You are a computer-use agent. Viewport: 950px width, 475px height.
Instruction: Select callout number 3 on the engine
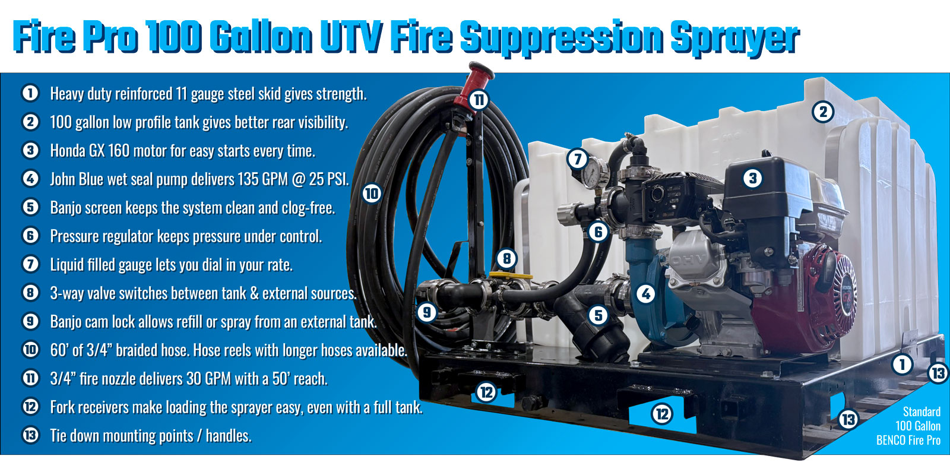pyautogui.click(x=752, y=178)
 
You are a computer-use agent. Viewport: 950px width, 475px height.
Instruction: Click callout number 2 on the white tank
pyautogui.click(x=823, y=112)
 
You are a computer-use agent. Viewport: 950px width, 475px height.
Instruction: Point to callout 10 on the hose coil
pyautogui.click(x=372, y=193)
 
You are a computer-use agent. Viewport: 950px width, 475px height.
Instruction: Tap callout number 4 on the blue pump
pyautogui.click(x=645, y=293)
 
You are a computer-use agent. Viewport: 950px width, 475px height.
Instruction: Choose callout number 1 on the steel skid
pyautogui.click(x=902, y=364)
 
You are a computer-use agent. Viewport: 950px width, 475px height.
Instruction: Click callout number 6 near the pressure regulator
pyautogui.click(x=598, y=232)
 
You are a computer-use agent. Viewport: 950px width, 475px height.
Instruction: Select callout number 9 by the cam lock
pyautogui.click(x=426, y=312)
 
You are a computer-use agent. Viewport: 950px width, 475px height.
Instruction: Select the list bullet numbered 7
pyautogui.click(x=30, y=264)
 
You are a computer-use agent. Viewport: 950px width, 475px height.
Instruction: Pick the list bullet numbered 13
pyautogui.click(x=30, y=435)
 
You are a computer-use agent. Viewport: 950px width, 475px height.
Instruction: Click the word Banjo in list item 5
pyautogui.click(x=68, y=208)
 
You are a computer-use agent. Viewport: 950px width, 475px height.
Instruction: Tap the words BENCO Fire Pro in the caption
pyautogui.click(x=908, y=440)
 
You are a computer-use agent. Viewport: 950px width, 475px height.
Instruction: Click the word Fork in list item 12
pyautogui.click(x=64, y=407)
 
